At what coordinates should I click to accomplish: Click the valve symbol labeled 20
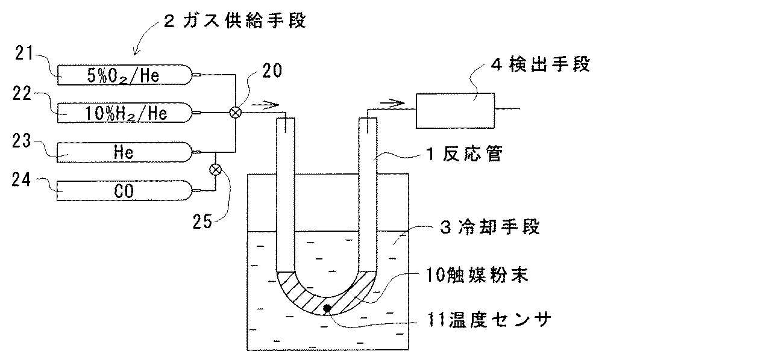(235, 112)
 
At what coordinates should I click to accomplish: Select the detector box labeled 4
(455, 110)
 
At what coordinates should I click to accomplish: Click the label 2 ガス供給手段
(234, 22)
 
